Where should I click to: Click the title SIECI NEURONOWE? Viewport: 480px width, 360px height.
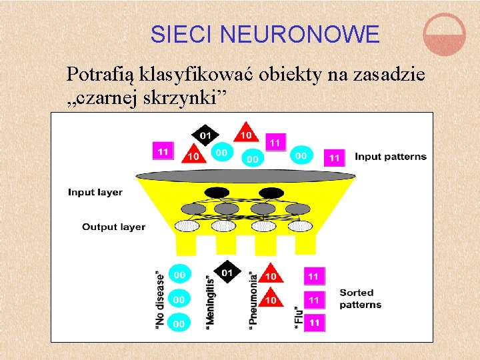[265, 33]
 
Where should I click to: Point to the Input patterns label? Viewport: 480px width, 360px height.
[390, 157]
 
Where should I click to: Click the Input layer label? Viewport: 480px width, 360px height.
[95, 192]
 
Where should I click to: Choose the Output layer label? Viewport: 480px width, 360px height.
[113, 227]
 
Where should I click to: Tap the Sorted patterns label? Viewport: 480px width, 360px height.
[361, 299]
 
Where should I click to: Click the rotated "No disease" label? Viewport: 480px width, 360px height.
[159, 299]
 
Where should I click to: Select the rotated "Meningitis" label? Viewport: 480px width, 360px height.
[210, 298]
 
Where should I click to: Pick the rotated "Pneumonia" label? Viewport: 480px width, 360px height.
[253, 299]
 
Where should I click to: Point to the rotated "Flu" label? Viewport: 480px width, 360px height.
[298, 315]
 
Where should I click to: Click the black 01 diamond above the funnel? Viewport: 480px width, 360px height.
[205, 135]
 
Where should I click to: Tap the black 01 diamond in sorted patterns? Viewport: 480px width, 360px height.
[227, 272]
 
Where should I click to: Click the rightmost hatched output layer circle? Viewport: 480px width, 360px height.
[299, 226]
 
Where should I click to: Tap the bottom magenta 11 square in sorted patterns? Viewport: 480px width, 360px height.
[314, 322]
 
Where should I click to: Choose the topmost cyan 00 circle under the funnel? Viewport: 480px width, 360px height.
[179, 274]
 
